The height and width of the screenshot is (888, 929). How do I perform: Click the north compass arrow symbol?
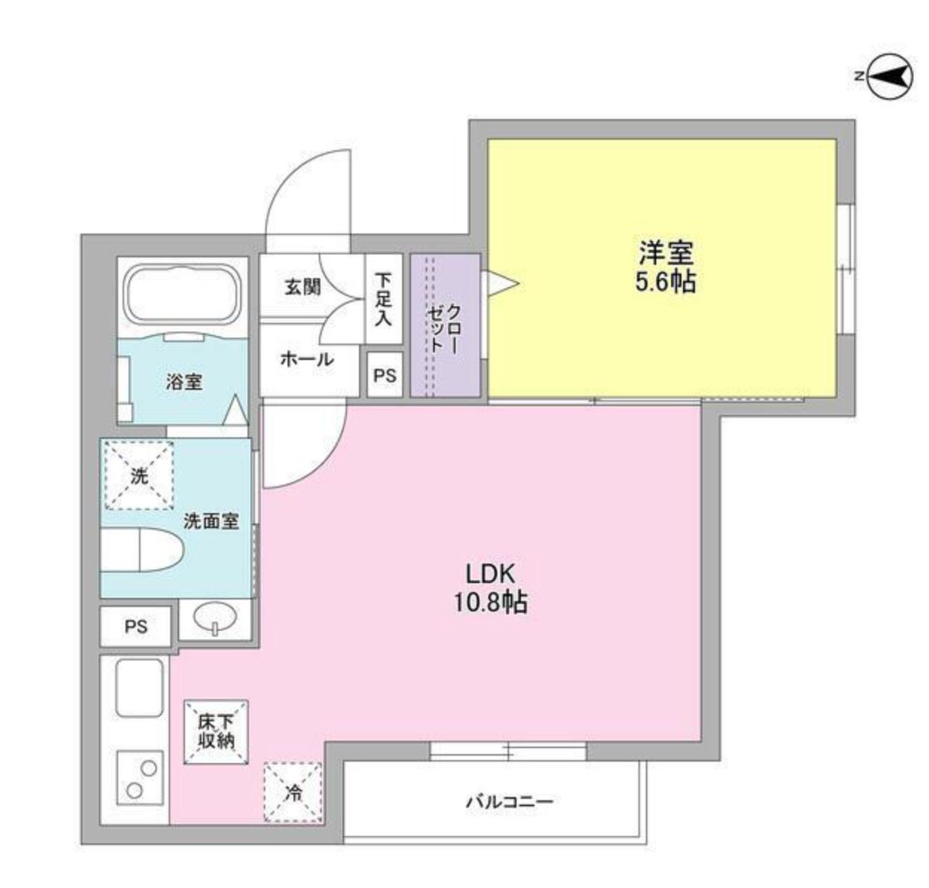(x=890, y=76)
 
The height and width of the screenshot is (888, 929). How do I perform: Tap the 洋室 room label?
(x=665, y=253)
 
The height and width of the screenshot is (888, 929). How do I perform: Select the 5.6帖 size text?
(x=665, y=283)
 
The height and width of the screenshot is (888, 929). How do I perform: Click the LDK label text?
(x=491, y=573)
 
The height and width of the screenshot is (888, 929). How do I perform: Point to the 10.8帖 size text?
(x=491, y=602)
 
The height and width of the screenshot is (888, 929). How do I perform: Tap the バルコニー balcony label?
(x=510, y=802)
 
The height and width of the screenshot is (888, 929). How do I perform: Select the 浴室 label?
(x=184, y=382)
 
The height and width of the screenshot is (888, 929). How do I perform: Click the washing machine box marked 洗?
(x=139, y=476)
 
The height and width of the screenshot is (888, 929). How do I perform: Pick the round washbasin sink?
(x=215, y=617)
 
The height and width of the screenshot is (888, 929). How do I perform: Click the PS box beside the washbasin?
(x=136, y=626)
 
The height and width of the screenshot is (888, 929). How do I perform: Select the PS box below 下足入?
(x=385, y=376)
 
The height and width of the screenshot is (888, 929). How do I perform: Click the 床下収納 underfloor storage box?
(x=216, y=731)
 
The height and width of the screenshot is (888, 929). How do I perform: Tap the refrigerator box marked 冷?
(x=293, y=793)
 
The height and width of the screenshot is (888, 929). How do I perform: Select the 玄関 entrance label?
(x=302, y=286)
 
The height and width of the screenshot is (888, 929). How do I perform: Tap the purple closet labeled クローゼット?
(x=444, y=326)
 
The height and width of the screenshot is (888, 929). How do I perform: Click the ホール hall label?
(x=307, y=359)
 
